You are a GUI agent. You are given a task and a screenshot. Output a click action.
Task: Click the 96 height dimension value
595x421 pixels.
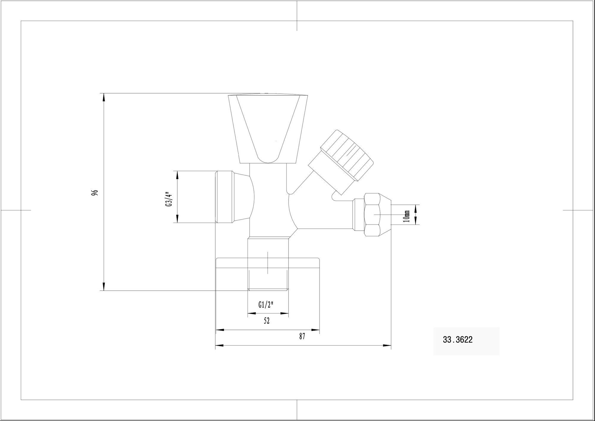point(95,192)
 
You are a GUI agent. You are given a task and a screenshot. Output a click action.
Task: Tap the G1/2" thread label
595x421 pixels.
point(266,305)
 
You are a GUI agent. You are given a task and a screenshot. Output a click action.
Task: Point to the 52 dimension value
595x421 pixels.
point(267,321)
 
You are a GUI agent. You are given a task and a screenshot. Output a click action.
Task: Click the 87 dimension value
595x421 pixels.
point(302,336)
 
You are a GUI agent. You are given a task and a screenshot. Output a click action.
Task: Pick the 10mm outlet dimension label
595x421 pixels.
point(406,216)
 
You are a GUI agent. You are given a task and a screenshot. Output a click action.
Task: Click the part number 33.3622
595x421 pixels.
point(458,340)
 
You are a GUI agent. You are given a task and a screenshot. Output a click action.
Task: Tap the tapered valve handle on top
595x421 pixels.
point(268,129)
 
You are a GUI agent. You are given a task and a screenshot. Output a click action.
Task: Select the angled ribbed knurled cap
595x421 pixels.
point(341,163)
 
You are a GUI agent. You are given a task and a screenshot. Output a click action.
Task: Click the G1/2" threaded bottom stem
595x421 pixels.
point(268,264)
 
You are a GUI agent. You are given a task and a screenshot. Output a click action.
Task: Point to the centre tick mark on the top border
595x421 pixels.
point(297,15)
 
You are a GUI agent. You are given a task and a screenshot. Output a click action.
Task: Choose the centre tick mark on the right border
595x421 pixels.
point(579,210)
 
